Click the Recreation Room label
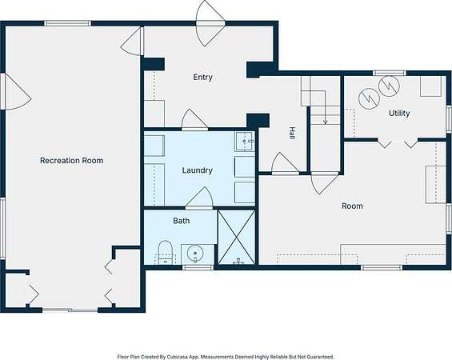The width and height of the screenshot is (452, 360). tap(71, 160)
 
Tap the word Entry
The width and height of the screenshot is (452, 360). tap(202, 78)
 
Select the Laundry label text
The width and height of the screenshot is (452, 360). tap(197, 170)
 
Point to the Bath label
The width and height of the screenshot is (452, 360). tap(182, 221)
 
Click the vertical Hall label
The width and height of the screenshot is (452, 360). tap(292, 133)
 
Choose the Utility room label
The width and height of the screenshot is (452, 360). tap(399, 113)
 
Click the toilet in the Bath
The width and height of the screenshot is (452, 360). tap(165, 253)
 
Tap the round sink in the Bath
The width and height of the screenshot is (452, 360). tap(195, 254)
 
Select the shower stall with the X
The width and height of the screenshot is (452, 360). tap(236, 237)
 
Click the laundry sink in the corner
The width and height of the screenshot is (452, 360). tap(245, 142)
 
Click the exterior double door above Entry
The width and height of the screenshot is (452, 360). tap(210, 24)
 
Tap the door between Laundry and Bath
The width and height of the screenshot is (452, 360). tap(199, 198)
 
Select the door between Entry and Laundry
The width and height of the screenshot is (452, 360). tap(194, 120)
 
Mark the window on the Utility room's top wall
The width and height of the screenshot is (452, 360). tap(390, 74)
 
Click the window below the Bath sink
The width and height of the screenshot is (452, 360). tap(198, 267)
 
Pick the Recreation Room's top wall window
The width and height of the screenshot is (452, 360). tap(68, 23)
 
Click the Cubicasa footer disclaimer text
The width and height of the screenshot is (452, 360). tap(226, 357)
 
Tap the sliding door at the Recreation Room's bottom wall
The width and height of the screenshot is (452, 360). tap(70, 310)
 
